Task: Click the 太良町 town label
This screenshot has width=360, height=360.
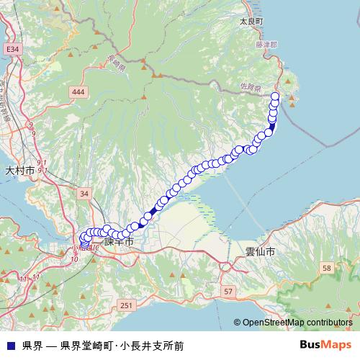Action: click(253, 22)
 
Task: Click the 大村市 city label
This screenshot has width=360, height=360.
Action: click(19, 171)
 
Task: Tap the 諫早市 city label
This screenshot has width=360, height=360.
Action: click(119, 243)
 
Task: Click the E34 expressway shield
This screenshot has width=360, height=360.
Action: click(12, 49)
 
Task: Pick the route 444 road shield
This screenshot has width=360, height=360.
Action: click(78, 91)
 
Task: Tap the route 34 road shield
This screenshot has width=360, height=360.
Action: click(85, 194)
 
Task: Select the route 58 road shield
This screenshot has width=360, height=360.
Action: click(326, 268)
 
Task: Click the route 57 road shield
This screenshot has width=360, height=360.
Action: click(228, 291)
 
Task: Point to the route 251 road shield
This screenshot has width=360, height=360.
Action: click(127, 306)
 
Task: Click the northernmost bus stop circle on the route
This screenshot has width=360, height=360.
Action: click(274, 96)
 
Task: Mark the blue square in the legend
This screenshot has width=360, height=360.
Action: click(10, 346)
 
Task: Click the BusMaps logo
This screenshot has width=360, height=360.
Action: click(325, 345)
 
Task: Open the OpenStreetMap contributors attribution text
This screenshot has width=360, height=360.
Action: click(297, 323)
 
